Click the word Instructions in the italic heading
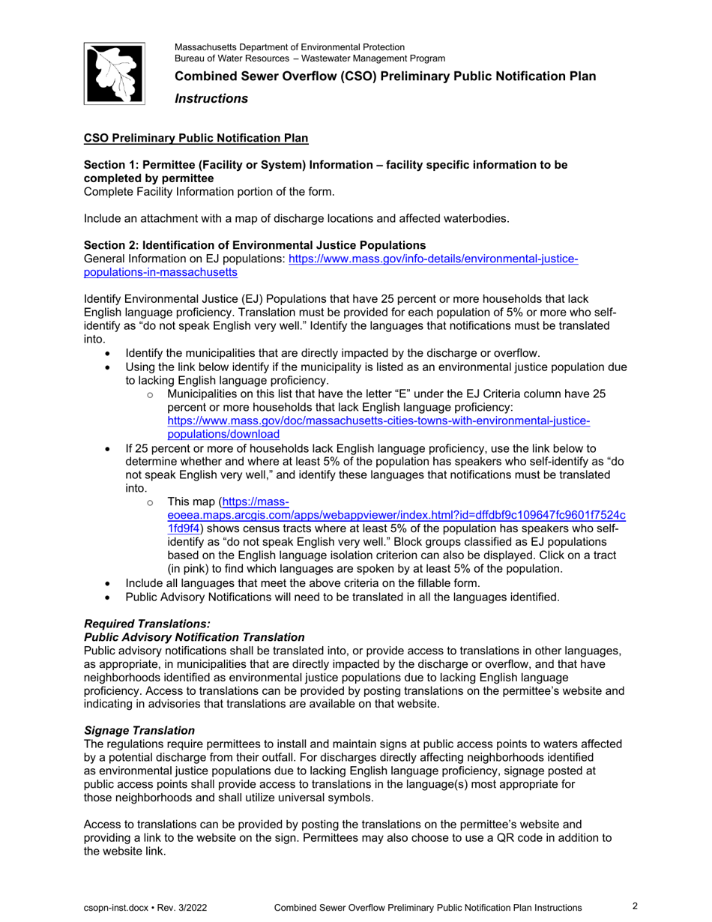[211, 99]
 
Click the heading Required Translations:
[148, 624]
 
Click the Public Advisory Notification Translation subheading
[194, 636]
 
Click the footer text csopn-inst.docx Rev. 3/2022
[145, 908]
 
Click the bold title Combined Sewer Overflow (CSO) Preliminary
[385, 76]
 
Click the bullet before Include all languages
[109, 583]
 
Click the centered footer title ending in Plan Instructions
[427, 908]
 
